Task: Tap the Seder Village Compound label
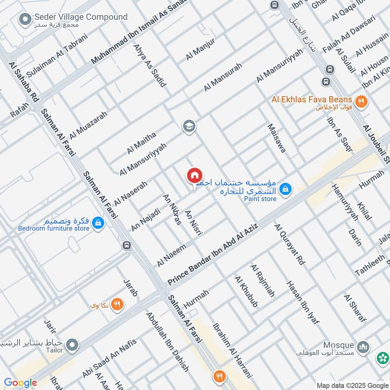pos(80,18)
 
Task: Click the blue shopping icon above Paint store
pos(286,188)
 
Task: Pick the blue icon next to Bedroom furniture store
pos(98,223)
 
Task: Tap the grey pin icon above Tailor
pos(73,346)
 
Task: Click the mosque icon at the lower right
pos(363,347)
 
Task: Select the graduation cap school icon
pos(189,127)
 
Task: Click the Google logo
pos(20,383)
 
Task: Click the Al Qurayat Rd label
pos(289,244)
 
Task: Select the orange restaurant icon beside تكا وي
pos(117,305)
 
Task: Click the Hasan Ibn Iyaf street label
pos(302,302)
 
